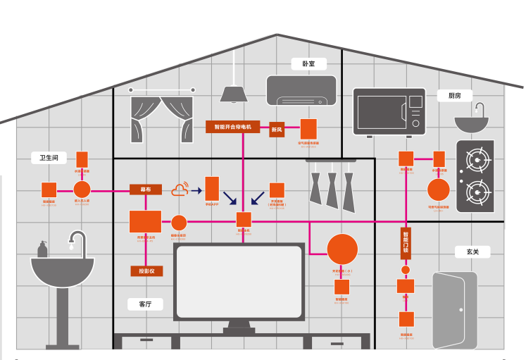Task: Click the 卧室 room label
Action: (x=308, y=64)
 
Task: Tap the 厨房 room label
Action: (x=454, y=96)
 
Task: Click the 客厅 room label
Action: (x=146, y=304)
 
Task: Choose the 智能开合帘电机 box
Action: (x=233, y=128)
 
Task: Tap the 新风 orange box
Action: (x=277, y=129)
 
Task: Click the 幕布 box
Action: (x=146, y=190)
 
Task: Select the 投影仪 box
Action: (x=146, y=271)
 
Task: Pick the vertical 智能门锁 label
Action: (x=405, y=242)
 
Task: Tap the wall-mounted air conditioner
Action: (x=301, y=90)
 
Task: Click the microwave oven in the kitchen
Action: (x=389, y=112)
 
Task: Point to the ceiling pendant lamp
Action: (x=232, y=93)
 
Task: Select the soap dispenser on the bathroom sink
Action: (x=43, y=249)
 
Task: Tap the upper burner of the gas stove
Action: (x=477, y=161)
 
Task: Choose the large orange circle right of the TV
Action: (x=342, y=249)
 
